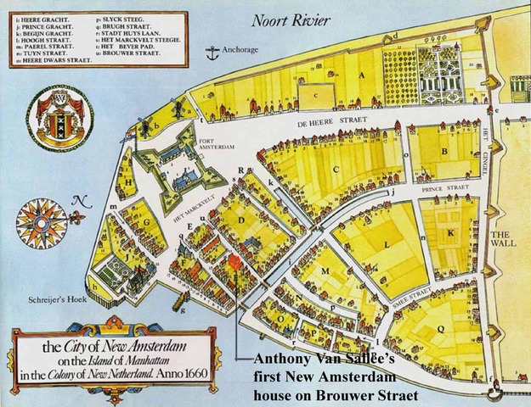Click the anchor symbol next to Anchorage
coord(210,51)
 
